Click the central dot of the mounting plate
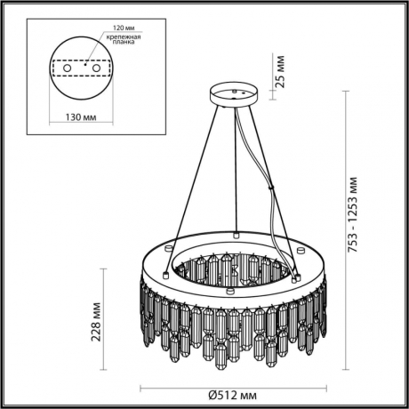[x=81, y=64]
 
